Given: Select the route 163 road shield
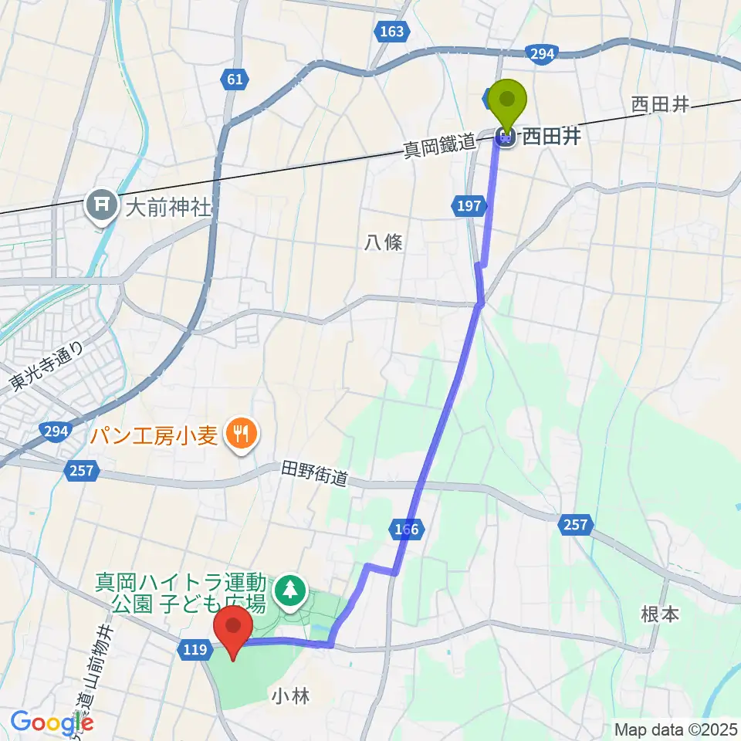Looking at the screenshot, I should click(392, 32).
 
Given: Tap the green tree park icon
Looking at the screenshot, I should click(290, 590).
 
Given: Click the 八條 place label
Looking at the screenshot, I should click(384, 242).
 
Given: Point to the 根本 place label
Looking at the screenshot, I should click(660, 614).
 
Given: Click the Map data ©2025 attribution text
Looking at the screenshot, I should click(674, 728).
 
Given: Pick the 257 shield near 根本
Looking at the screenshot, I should click(576, 525).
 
